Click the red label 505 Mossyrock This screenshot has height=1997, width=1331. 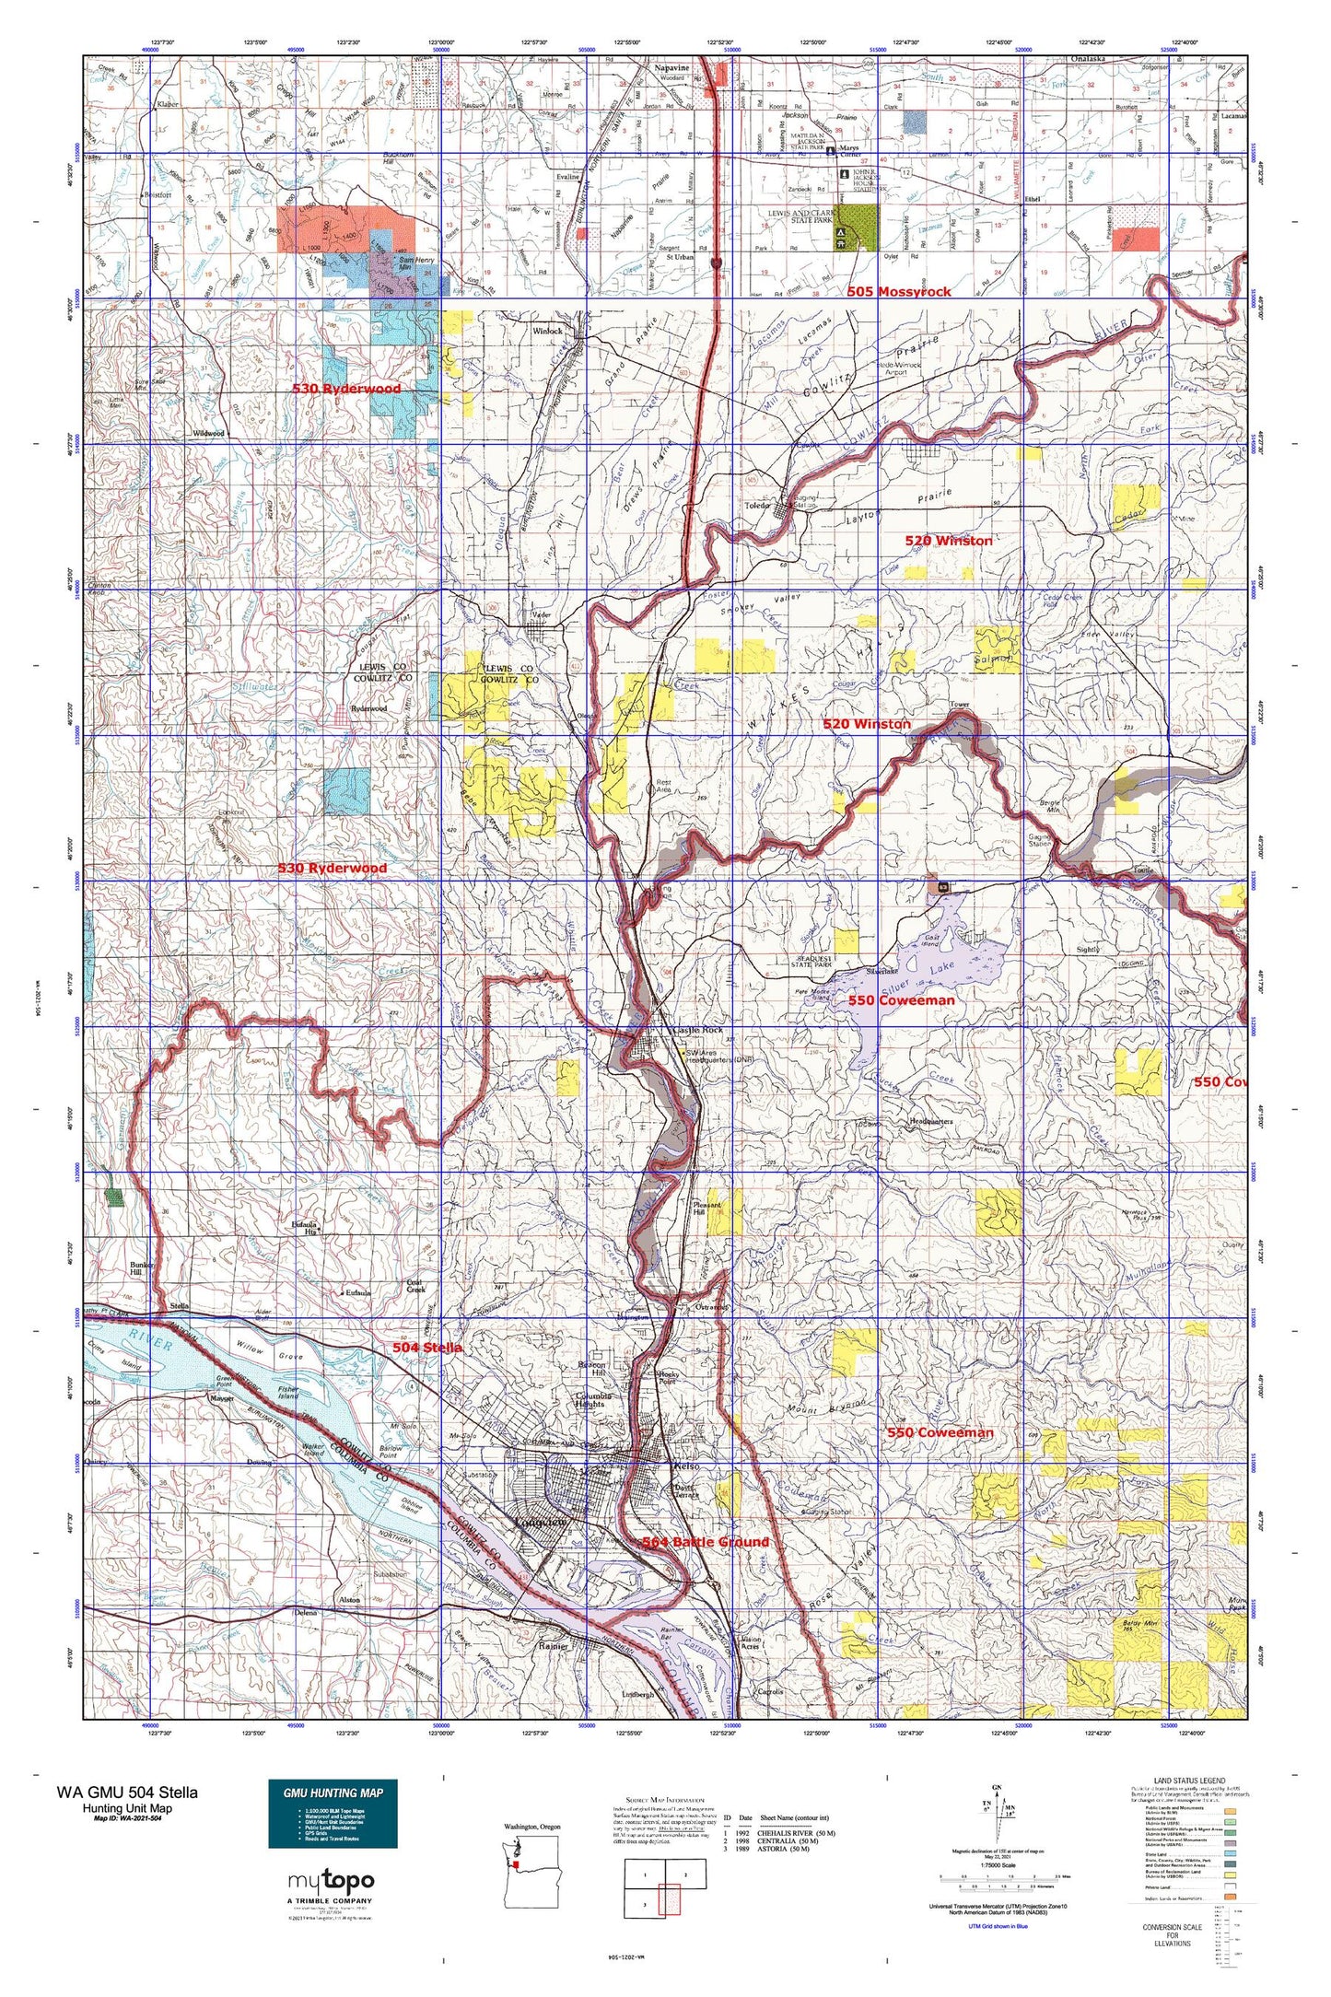[x=898, y=291]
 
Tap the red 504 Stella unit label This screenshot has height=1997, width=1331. [x=426, y=1347]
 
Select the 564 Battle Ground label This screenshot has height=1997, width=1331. [x=705, y=1542]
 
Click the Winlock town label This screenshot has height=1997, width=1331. [x=547, y=331]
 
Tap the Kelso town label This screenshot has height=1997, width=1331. [x=687, y=1466]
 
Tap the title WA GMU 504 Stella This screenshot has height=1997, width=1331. [x=126, y=1792]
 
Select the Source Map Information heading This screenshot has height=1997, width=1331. [x=664, y=1799]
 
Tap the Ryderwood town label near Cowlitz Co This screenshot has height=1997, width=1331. [x=368, y=708]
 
